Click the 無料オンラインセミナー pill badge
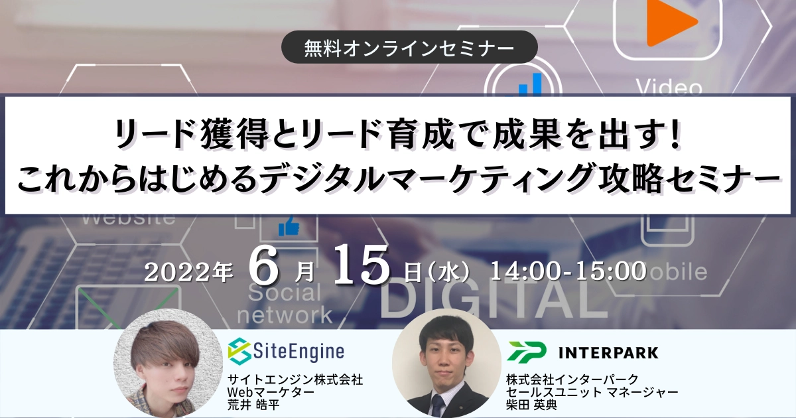click(x=409, y=47)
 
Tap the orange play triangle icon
click(x=671, y=22)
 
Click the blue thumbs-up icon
click(x=289, y=226)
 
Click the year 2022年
click(x=188, y=273)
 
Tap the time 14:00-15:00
click(x=568, y=271)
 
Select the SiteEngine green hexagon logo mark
click(x=239, y=351)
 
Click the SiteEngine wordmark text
click(x=298, y=352)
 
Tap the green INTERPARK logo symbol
click(x=527, y=352)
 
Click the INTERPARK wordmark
click(x=608, y=353)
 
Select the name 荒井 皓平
click(x=253, y=405)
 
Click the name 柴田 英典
click(x=531, y=405)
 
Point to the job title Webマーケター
click(x=271, y=392)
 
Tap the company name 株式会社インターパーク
click(x=572, y=380)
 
